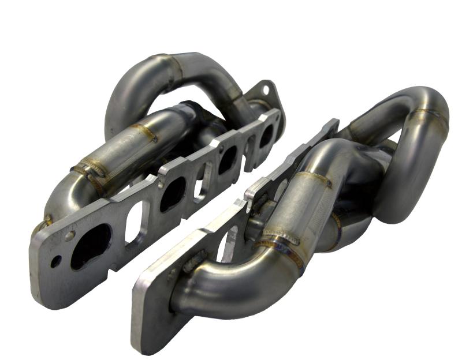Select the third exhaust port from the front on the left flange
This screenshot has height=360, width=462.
228,160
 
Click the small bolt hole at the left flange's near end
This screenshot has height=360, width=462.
55,261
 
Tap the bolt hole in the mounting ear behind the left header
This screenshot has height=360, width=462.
266,91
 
